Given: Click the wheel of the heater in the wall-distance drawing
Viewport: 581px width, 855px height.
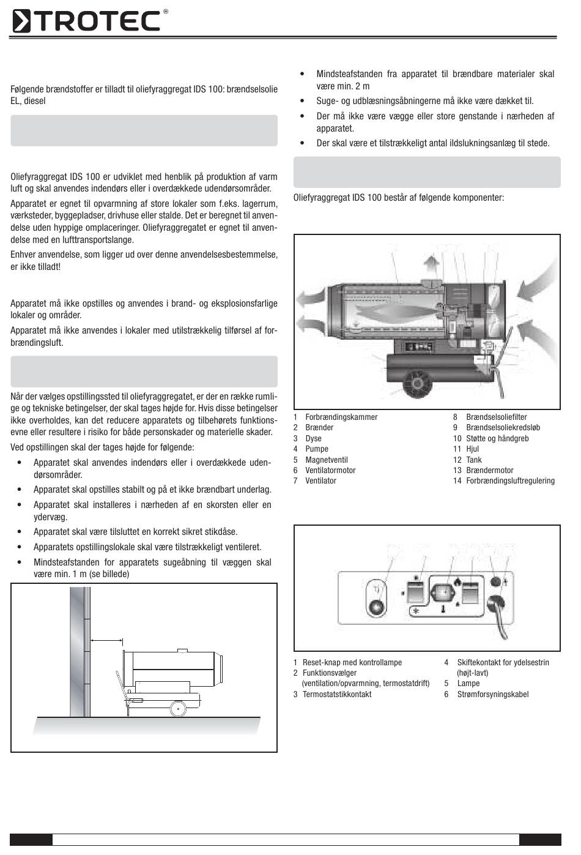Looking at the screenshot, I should [179, 708].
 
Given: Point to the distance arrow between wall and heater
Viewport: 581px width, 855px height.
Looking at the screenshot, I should [106, 640].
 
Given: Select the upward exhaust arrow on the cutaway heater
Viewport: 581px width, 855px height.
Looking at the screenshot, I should [432, 267].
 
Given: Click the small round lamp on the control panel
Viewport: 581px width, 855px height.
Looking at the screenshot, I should [496, 582].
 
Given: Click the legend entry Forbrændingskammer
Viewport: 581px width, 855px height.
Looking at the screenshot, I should [341, 417].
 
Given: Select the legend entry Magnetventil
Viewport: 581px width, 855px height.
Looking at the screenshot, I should [327, 460].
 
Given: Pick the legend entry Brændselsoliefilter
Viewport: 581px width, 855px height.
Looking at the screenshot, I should [496, 417].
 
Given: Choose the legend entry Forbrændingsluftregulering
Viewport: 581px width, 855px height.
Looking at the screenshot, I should [510, 481].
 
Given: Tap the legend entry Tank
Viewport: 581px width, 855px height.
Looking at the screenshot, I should [474, 460].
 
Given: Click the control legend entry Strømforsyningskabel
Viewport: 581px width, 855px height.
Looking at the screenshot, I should [492, 694].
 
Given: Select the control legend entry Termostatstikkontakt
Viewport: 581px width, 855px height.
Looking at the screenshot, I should [336, 694].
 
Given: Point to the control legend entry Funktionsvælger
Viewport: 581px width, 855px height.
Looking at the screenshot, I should [330, 673].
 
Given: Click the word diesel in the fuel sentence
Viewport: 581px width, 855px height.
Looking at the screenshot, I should [34, 101].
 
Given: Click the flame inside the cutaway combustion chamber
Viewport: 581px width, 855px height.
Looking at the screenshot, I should [391, 312].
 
